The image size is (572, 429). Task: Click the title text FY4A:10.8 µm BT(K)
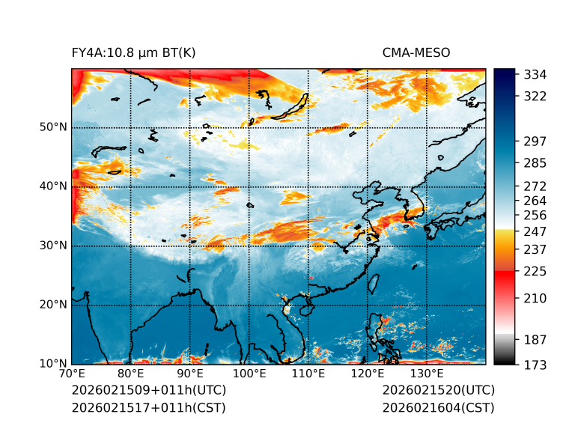click(x=133, y=52)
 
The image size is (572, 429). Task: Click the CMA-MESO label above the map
click(x=416, y=52)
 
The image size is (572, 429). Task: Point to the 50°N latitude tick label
click(x=53, y=127)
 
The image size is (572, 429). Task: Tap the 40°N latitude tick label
click(x=53, y=186)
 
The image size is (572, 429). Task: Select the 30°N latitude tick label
click(x=53, y=246)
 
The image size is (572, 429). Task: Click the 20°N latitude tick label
click(x=53, y=305)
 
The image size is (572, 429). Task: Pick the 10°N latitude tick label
click(x=53, y=364)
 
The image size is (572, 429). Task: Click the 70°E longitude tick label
click(x=72, y=374)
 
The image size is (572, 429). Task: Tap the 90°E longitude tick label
click(x=190, y=374)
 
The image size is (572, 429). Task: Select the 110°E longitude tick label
click(x=308, y=374)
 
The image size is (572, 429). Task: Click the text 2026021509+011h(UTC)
click(x=148, y=391)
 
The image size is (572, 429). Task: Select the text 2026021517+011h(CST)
click(x=148, y=407)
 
